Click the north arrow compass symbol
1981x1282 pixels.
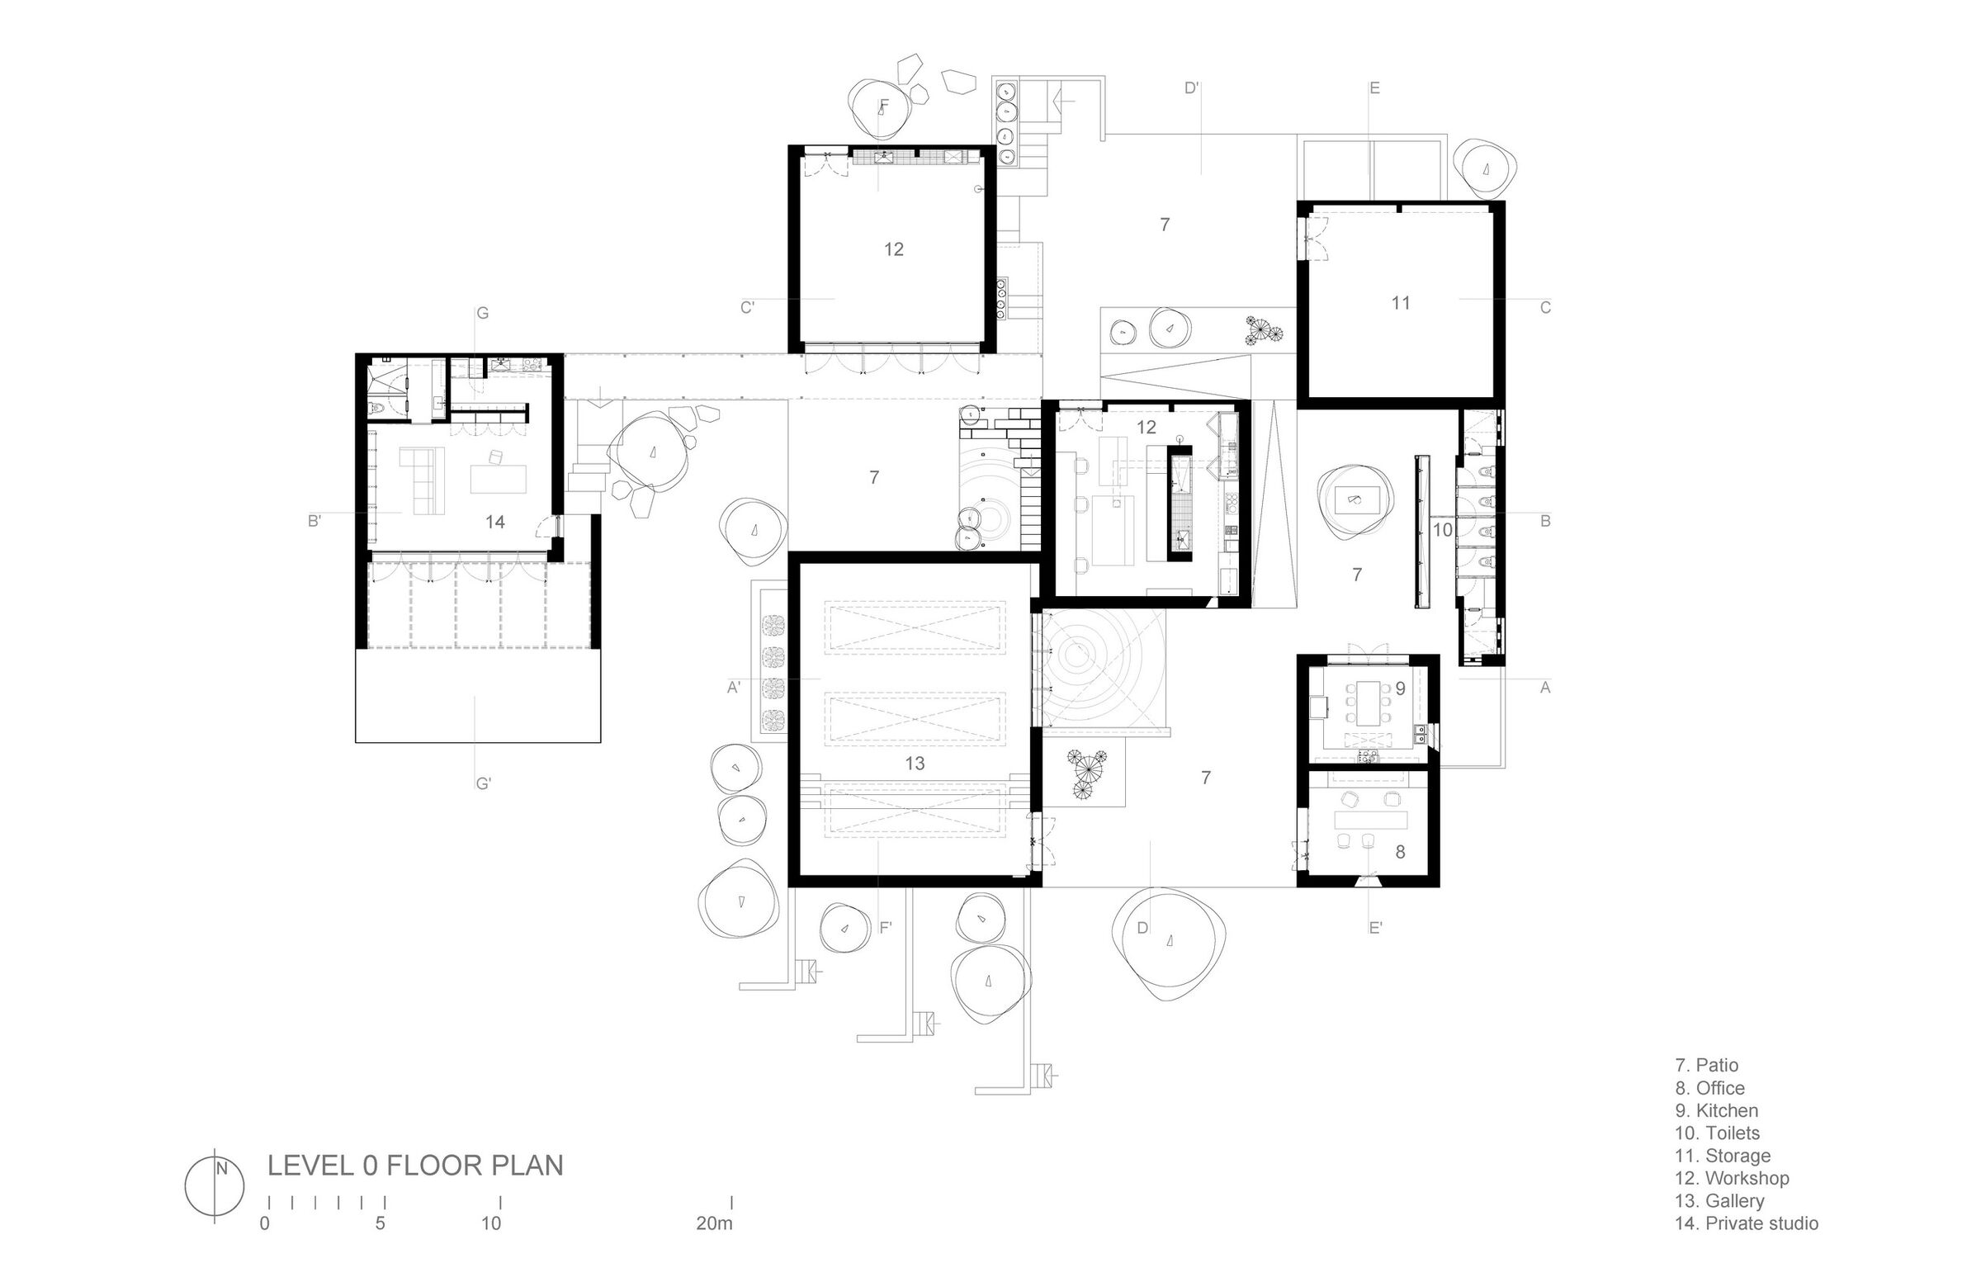click(215, 1187)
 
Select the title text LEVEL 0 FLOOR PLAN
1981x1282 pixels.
click(415, 1166)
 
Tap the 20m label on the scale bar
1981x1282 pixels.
click(715, 1223)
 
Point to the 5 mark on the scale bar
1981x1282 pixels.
click(381, 1223)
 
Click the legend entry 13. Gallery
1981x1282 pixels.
click(1719, 1200)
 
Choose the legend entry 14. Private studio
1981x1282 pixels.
click(1747, 1223)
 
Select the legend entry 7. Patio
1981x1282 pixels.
click(1706, 1065)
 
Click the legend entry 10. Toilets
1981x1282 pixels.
click(1717, 1133)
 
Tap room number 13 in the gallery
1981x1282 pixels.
click(914, 764)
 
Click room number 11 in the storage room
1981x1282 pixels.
click(1401, 303)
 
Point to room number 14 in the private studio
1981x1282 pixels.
click(495, 522)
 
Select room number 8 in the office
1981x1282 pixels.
click(1400, 853)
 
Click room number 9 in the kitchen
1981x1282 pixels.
click(1400, 688)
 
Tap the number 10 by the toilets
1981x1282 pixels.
click(1443, 529)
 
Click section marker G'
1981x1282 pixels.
click(483, 783)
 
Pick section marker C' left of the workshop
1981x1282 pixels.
click(748, 307)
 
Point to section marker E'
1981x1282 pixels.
click(1376, 927)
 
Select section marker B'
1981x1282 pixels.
click(314, 522)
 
